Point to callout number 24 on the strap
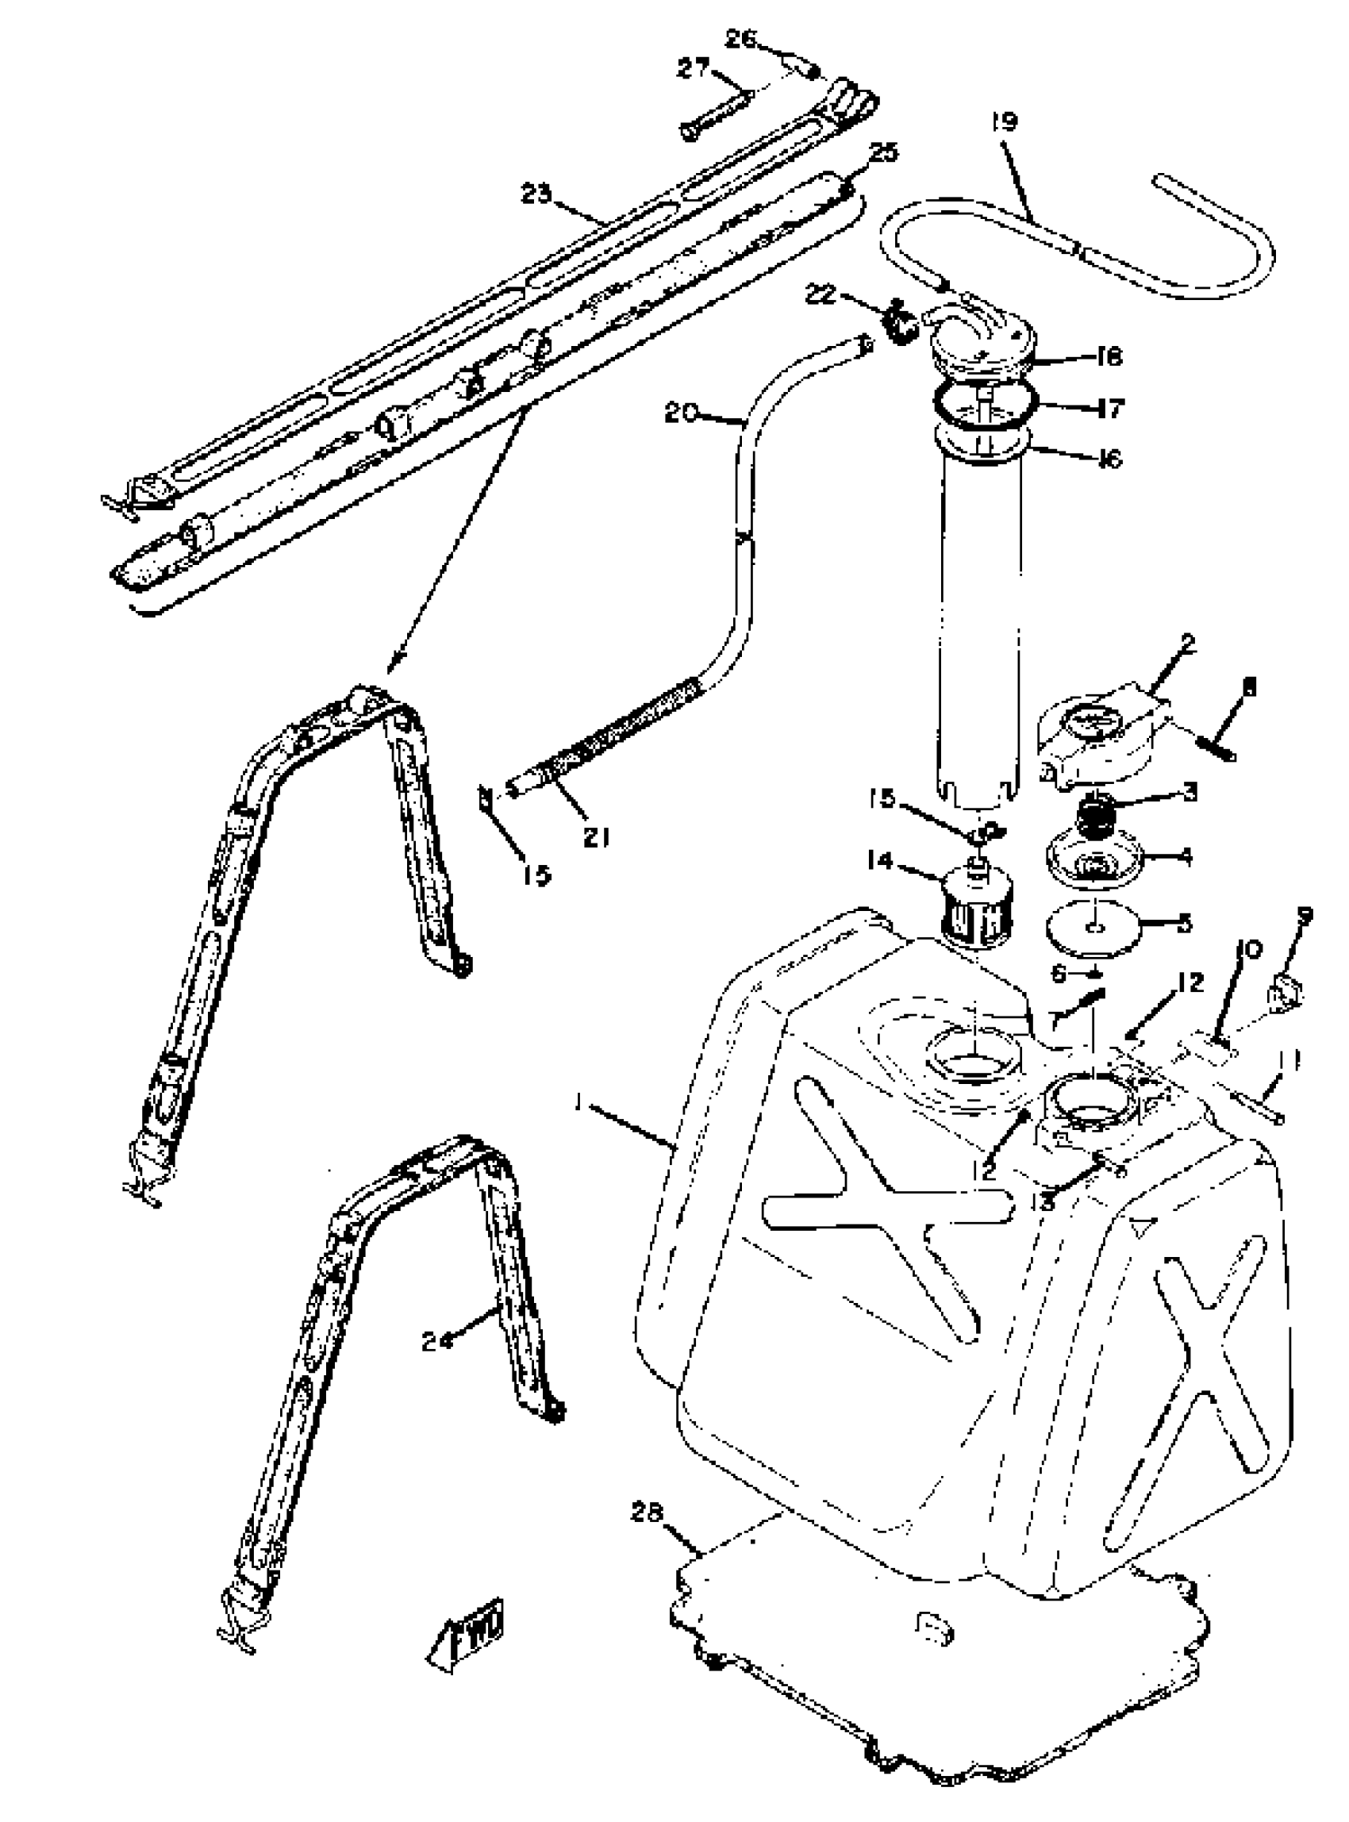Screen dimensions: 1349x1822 tap(439, 1340)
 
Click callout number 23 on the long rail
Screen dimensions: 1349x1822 tap(537, 194)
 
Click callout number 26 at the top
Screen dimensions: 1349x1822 tap(742, 38)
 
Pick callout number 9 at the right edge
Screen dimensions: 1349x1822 tap(1304, 917)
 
